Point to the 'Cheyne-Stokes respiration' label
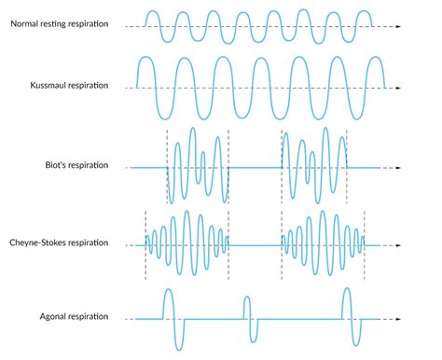coord(70,242)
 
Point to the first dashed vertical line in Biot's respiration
coord(167,166)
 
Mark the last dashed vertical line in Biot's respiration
coord(346,166)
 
